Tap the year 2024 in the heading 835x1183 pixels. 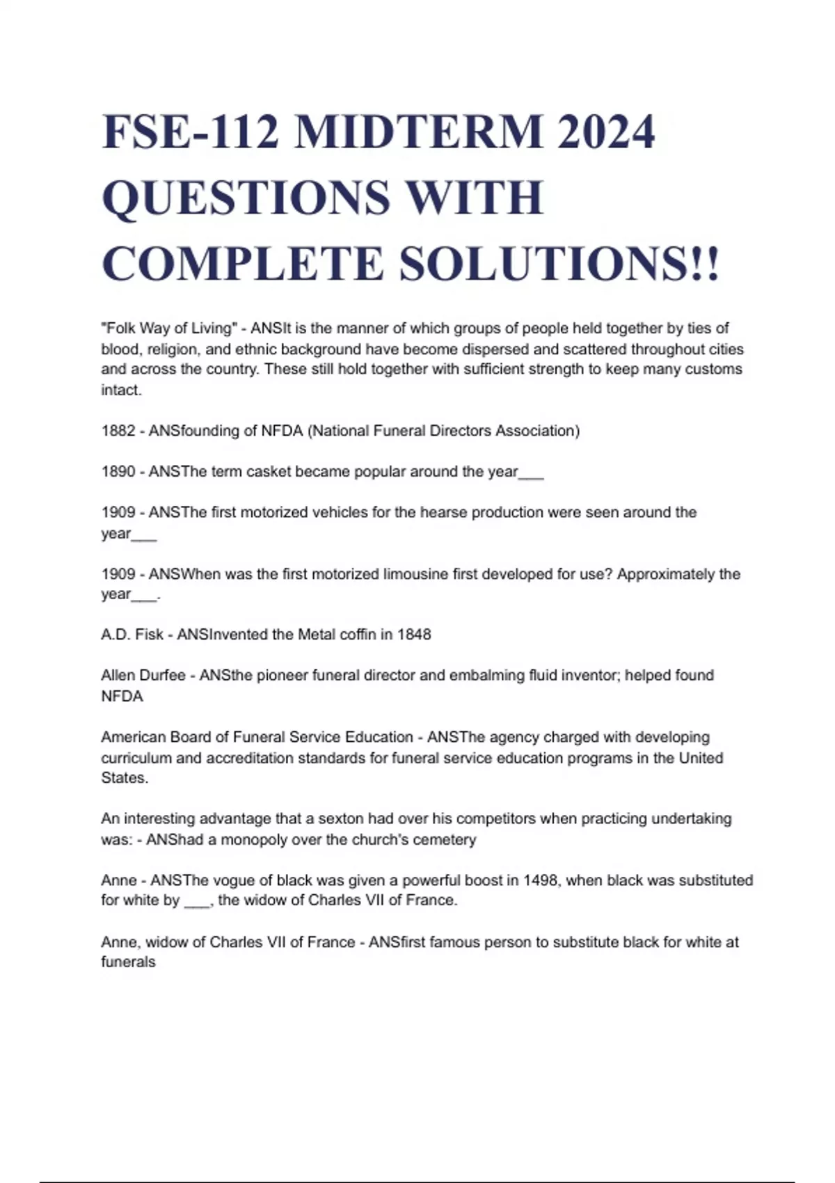coord(606,132)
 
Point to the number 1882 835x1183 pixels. coord(118,431)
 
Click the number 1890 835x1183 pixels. coord(118,472)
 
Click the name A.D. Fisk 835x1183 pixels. coord(132,635)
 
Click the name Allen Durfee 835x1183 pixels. coord(143,675)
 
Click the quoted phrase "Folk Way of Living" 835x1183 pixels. coord(169,328)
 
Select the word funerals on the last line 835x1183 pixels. coord(128,962)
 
